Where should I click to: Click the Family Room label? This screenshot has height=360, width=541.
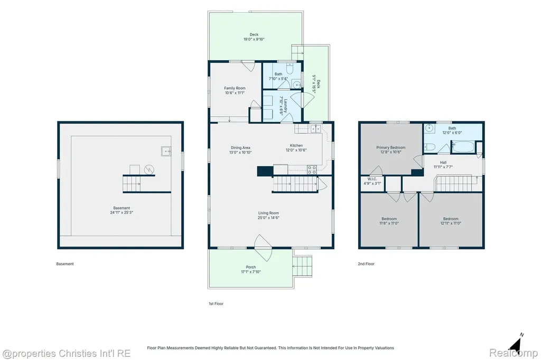[x=235, y=88]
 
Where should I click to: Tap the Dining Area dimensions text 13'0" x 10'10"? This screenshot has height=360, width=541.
[x=240, y=153]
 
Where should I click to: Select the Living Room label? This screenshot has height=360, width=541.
[x=268, y=213]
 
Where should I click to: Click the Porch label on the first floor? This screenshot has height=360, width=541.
[x=251, y=267]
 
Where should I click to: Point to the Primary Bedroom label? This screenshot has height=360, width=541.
[x=391, y=148]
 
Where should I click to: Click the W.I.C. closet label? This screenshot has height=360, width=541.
[x=372, y=179]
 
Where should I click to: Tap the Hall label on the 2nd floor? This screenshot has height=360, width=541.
[x=443, y=163]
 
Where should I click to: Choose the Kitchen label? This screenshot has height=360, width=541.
[x=296, y=146]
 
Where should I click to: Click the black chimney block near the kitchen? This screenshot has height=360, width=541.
[x=265, y=171]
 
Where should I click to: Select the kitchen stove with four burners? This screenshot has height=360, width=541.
[x=312, y=169]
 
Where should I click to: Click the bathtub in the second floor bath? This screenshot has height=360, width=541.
[x=463, y=147]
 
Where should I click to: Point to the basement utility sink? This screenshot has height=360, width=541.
[x=165, y=151]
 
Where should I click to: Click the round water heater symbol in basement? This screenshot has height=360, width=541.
[x=149, y=169]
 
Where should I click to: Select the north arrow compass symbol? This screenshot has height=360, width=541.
[x=516, y=343]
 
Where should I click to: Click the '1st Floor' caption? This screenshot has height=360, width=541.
[x=216, y=304]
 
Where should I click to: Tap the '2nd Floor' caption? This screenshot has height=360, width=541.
[x=366, y=264]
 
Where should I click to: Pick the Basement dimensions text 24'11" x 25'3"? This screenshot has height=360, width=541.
[x=122, y=212]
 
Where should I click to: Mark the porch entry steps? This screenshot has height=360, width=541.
[x=303, y=266]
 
